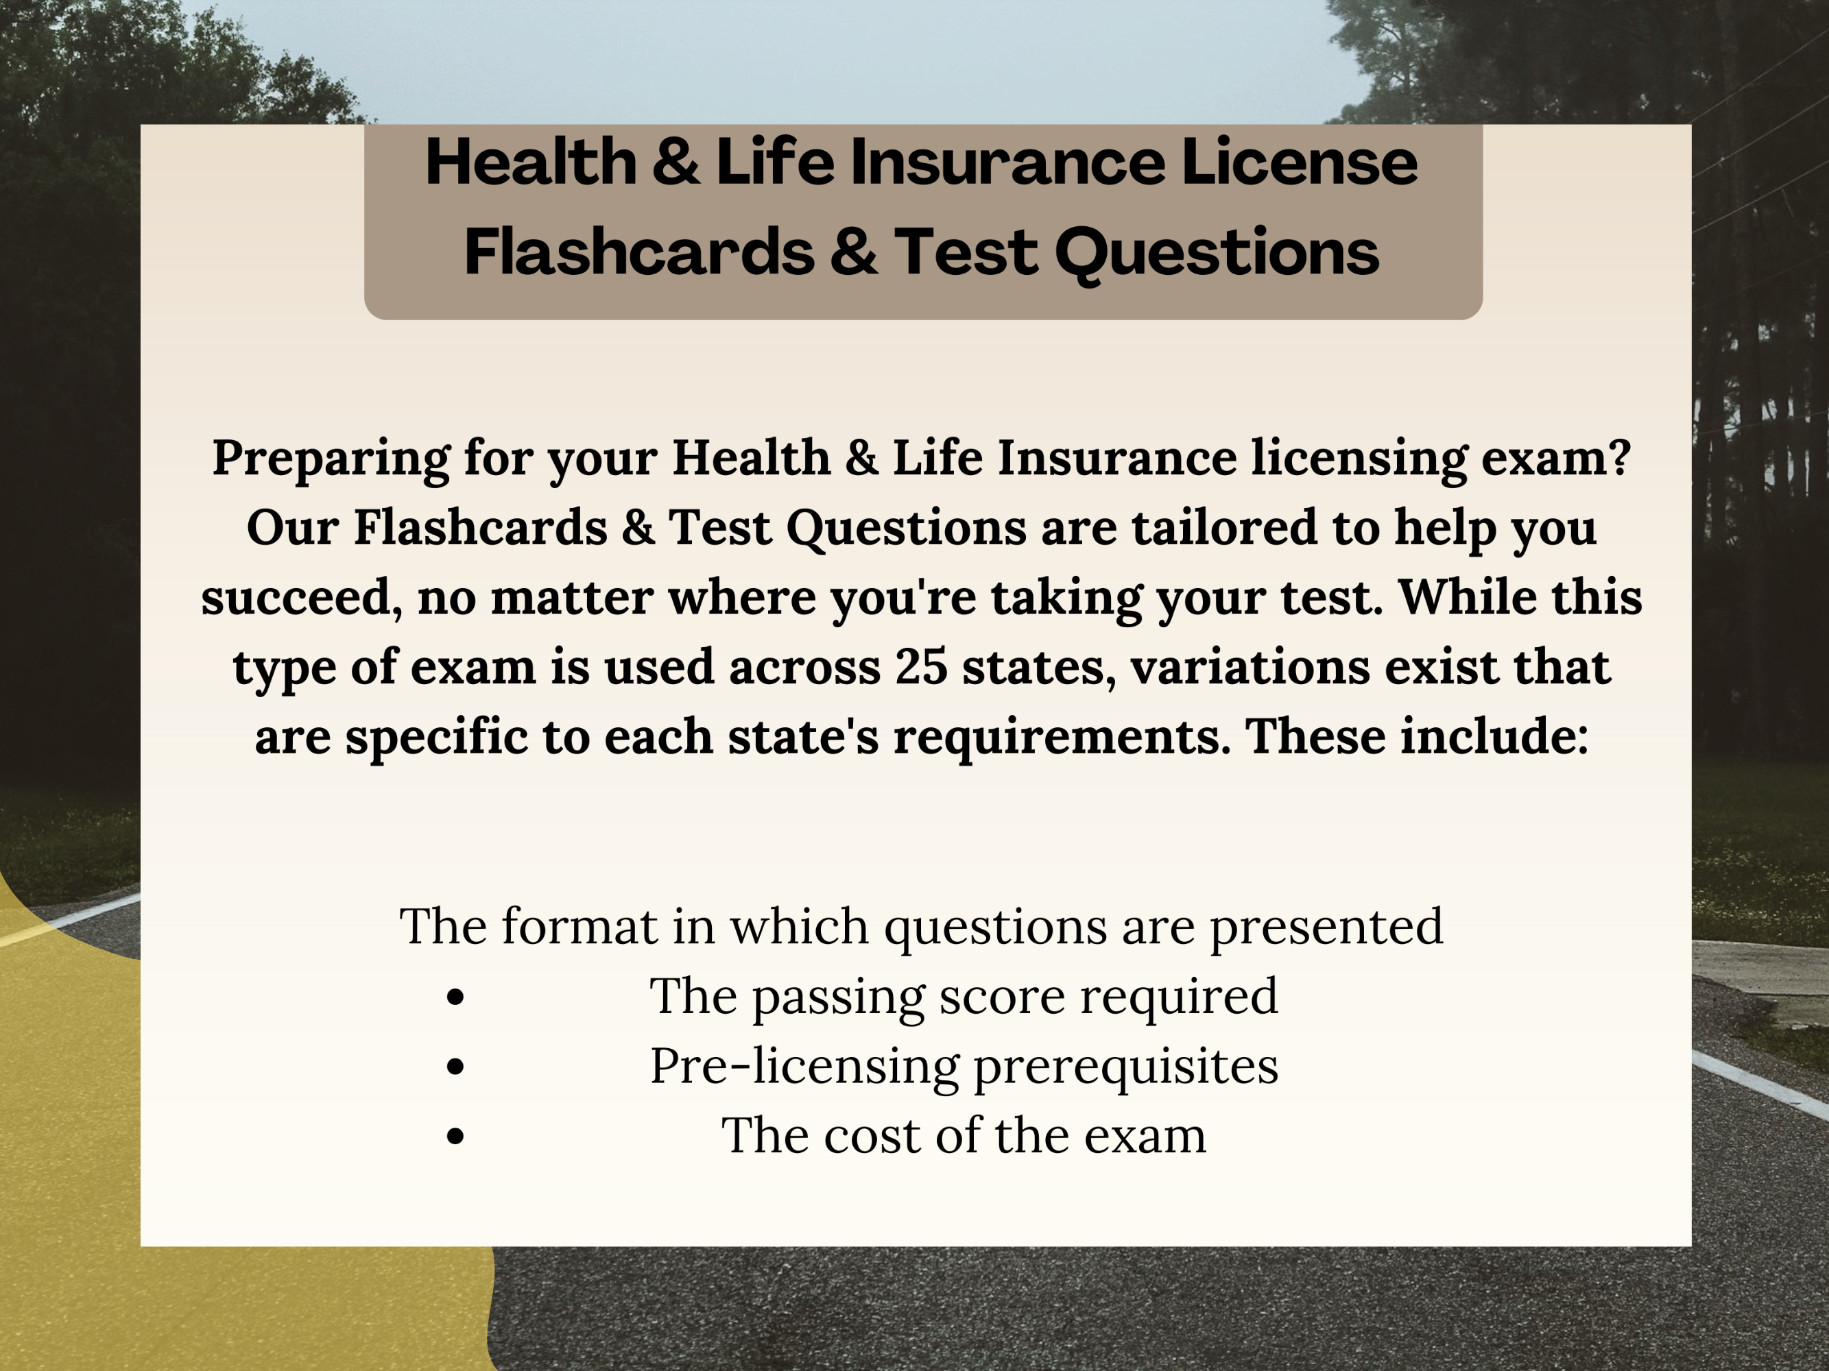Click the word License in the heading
(x=1299, y=162)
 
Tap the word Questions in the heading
(x=1217, y=253)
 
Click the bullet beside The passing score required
(x=455, y=997)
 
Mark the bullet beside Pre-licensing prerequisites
(x=455, y=1067)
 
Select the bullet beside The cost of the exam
(x=455, y=1137)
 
